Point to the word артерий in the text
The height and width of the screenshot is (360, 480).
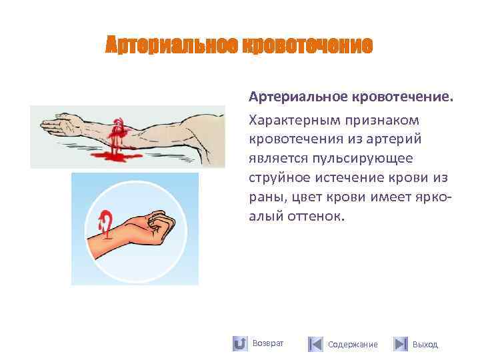[399, 139]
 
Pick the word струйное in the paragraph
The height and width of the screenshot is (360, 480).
[275, 177]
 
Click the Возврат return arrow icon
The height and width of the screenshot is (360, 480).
[240, 343]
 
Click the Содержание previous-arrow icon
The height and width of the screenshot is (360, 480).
[315, 344]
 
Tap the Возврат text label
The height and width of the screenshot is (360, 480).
[268, 343]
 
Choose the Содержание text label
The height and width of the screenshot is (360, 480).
[353, 344]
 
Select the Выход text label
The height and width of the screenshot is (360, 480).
[425, 344]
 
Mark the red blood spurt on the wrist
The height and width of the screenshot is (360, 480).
[105, 221]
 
